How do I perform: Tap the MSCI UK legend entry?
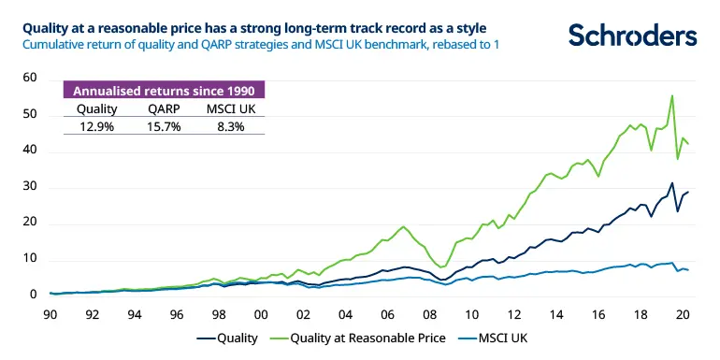(507, 340)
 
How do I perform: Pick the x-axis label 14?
(556, 314)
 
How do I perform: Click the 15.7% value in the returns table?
(163, 126)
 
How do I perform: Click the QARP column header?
(163, 108)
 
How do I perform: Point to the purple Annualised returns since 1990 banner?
(163, 91)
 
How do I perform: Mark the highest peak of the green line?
(671, 95)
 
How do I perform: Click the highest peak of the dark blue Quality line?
(671, 183)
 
